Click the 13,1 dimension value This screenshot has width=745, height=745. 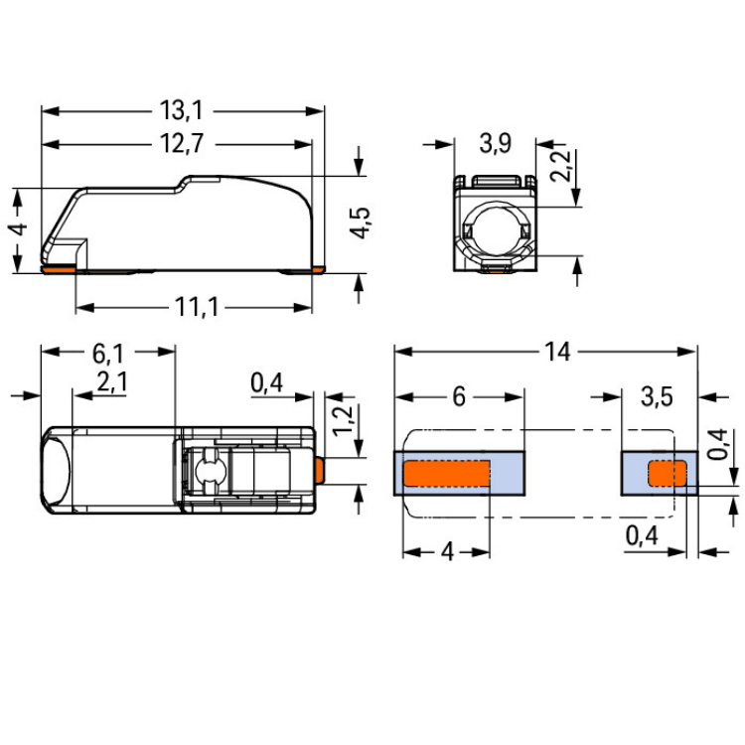point(182,110)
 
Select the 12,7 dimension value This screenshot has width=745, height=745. point(182,143)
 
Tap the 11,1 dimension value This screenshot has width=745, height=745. point(197,307)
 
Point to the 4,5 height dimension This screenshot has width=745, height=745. point(360,223)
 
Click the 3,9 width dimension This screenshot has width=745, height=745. point(495,143)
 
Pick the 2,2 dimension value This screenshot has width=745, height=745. point(560,166)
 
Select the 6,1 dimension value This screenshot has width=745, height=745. point(108,353)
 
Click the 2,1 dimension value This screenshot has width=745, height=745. point(112,381)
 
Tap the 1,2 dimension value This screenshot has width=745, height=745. point(343,421)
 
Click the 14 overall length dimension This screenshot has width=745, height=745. point(557,352)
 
